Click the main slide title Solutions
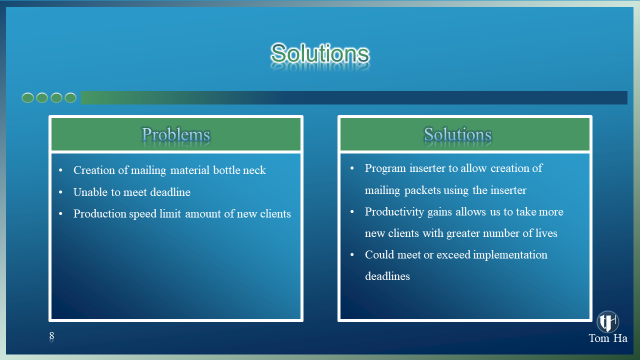[x=320, y=53]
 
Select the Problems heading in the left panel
[x=175, y=134]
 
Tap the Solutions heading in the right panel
[x=457, y=134]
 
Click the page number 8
[x=51, y=335]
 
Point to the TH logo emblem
[x=607, y=321]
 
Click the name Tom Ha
[x=608, y=338]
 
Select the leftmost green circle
[x=27, y=97]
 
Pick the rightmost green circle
[x=70, y=97]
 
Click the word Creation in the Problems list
[x=94, y=170]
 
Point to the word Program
[x=385, y=168]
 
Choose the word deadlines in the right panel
[x=387, y=276]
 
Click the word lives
[x=546, y=233]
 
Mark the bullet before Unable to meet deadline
[x=60, y=192]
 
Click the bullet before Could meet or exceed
[x=352, y=254]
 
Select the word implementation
[x=510, y=255]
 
